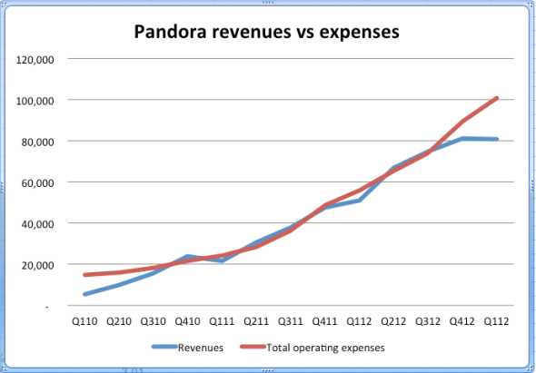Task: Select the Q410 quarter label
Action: [188, 320]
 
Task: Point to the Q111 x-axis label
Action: [223, 320]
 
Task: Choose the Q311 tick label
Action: [292, 320]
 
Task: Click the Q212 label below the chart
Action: [395, 320]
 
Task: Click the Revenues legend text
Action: [200, 348]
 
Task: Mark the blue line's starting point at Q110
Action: [84, 294]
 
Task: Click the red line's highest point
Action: [498, 98]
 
